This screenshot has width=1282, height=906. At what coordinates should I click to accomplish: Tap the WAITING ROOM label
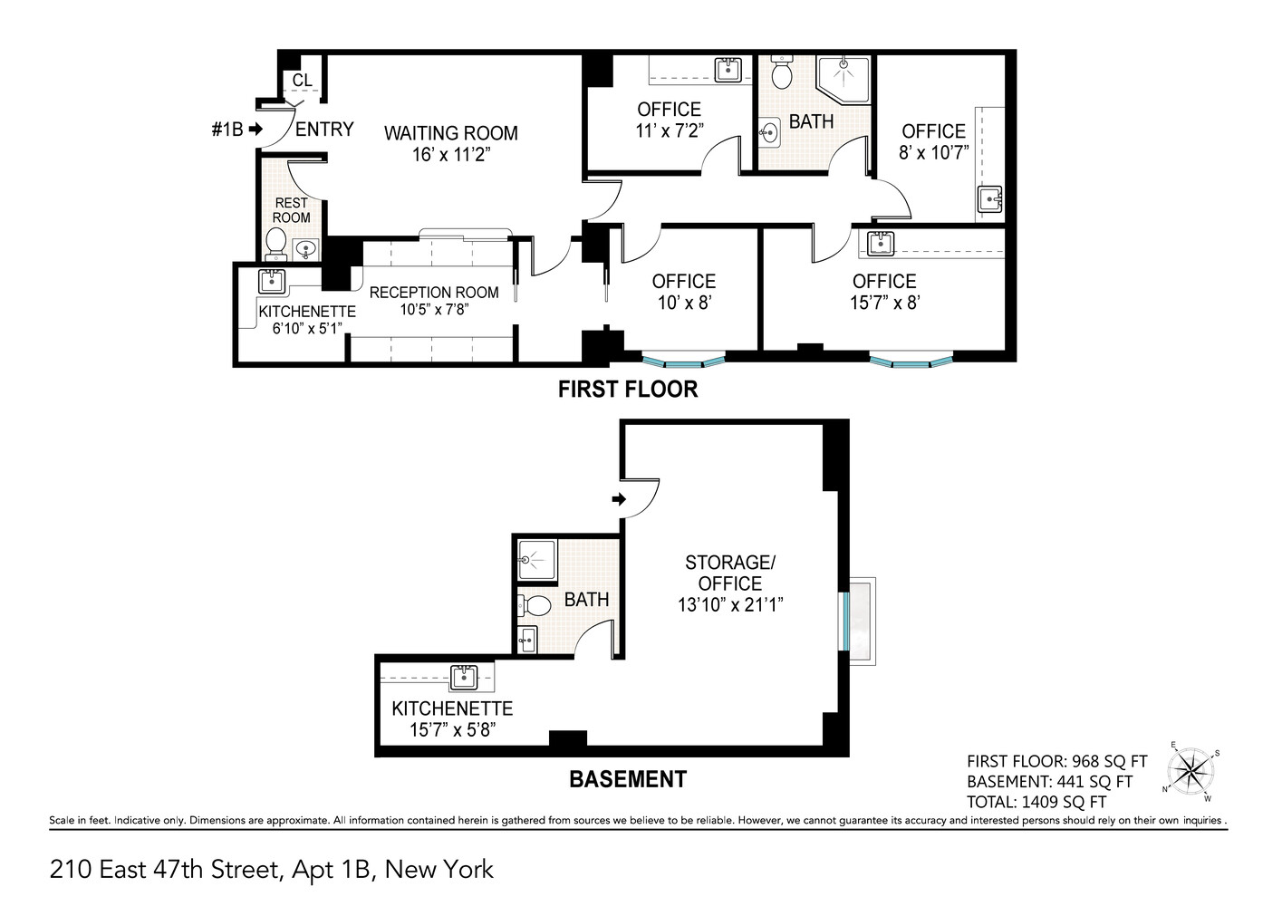pyautogui.click(x=450, y=133)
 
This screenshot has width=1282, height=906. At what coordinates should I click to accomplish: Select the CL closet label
pyautogui.click(x=302, y=81)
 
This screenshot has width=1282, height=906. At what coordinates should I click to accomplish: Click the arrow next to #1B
pyautogui.click(x=256, y=130)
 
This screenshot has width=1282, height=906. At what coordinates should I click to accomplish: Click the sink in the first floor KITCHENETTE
pyautogui.click(x=272, y=280)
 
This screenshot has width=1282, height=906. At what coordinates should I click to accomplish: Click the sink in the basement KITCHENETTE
pyautogui.click(x=464, y=677)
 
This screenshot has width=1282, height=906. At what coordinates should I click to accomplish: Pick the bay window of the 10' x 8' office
pyautogui.click(x=683, y=361)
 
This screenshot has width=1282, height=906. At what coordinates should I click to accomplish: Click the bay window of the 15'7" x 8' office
pyautogui.click(x=911, y=362)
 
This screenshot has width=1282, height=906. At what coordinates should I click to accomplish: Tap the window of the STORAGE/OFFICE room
pyautogui.click(x=846, y=622)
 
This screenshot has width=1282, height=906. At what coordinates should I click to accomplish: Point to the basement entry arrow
pyautogui.click(x=619, y=499)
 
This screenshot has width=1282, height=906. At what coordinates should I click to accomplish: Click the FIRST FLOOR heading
pyautogui.click(x=627, y=390)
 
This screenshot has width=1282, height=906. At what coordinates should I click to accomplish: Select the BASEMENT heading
pyautogui.click(x=627, y=779)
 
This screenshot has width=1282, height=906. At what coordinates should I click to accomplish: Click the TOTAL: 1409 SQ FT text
pyautogui.click(x=1036, y=802)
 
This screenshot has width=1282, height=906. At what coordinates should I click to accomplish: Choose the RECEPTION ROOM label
pyautogui.click(x=433, y=293)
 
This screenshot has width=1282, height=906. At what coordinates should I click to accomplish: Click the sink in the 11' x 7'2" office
pyautogui.click(x=728, y=69)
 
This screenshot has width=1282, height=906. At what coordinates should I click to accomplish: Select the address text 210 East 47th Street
pyautogui.click(x=163, y=871)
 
